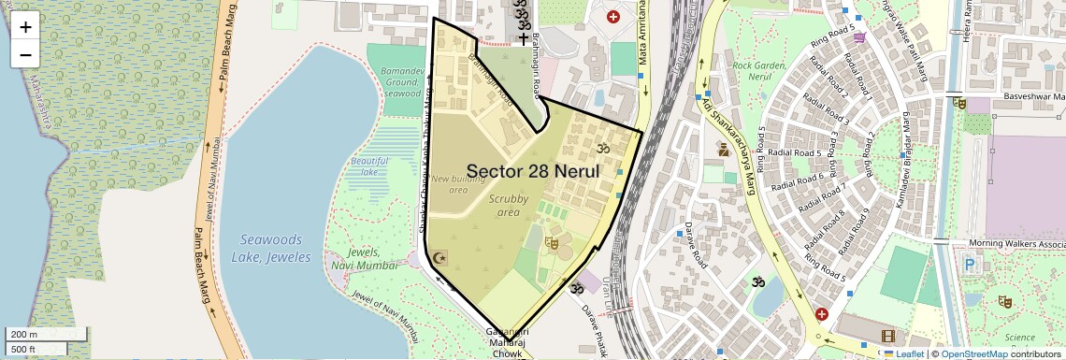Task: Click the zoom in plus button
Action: pyautogui.click(x=25, y=27)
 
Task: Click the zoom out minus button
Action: pyautogui.click(x=25, y=54)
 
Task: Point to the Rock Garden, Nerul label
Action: pyautogui.click(x=758, y=71)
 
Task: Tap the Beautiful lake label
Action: pyautogui.click(x=369, y=166)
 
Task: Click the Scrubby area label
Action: pyautogui.click(x=509, y=206)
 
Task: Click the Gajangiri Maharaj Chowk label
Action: pyautogui.click(x=509, y=342)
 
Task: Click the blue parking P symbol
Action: pyautogui.click(x=970, y=266)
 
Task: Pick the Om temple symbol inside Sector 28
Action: pyautogui.click(x=602, y=148)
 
